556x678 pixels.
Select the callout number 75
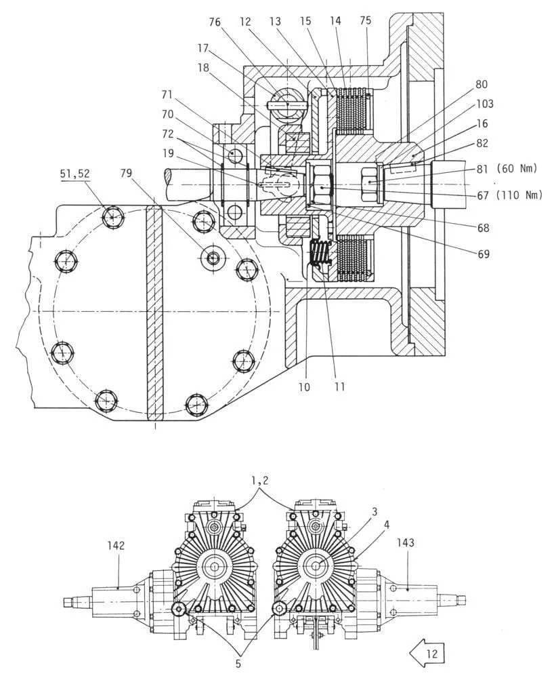pos(366,22)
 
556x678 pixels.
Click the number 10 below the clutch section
pos(305,386)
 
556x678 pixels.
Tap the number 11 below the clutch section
pos(339,386)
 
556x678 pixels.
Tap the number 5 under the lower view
pos(238,664)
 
